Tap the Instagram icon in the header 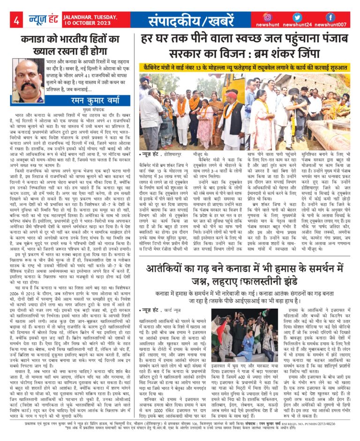(268, 17)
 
